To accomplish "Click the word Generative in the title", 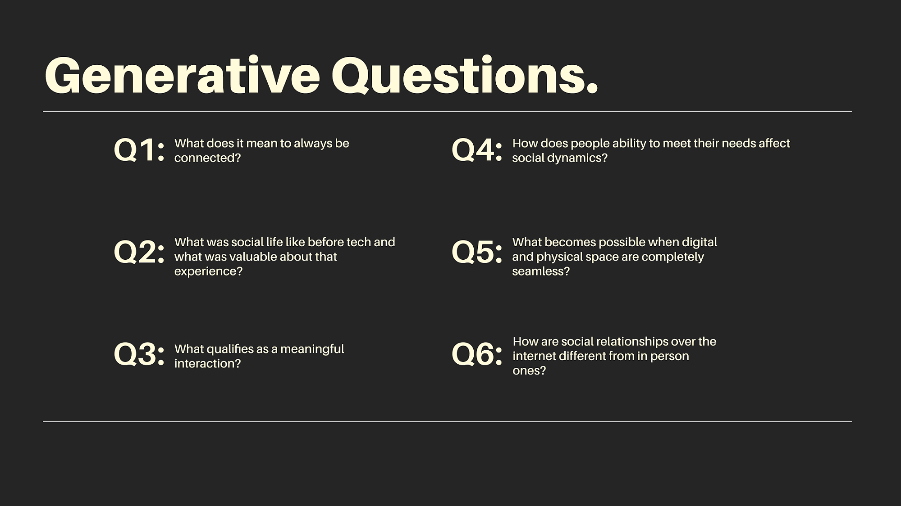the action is (x=182, y=76).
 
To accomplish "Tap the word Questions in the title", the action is (x=465, y=76).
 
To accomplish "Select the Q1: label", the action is (x=139, y=149).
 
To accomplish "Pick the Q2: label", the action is (x=139, y=252).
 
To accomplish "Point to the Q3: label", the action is (x=139, y=354).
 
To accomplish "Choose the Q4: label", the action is (x=476, y=149).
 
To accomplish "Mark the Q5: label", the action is (x=476, y=252).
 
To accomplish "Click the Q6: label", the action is (x=476, y=354).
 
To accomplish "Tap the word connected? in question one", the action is (x=208, y=158).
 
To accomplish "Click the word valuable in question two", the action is (x=253, y=257).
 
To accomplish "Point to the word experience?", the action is (x=208, y=272).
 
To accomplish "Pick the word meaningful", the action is (x=312, y=349).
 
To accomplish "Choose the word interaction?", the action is (x=208, y=364).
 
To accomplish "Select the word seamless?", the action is (x=541, y=271).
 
